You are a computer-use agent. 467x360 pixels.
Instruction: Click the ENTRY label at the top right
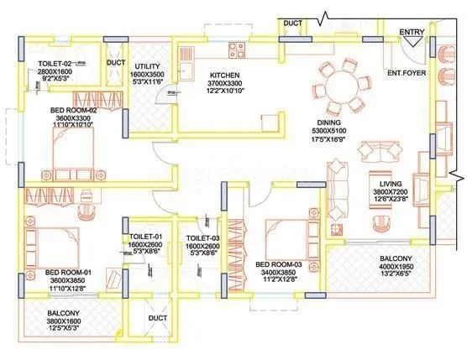pos(412,32)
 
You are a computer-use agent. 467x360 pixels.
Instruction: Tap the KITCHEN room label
pos(226,75)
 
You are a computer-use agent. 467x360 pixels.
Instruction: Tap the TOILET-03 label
pos(202,240)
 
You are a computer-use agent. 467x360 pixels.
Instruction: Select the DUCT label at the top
pos(292,23)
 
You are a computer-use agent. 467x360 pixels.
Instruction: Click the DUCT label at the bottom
pos(157,319)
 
